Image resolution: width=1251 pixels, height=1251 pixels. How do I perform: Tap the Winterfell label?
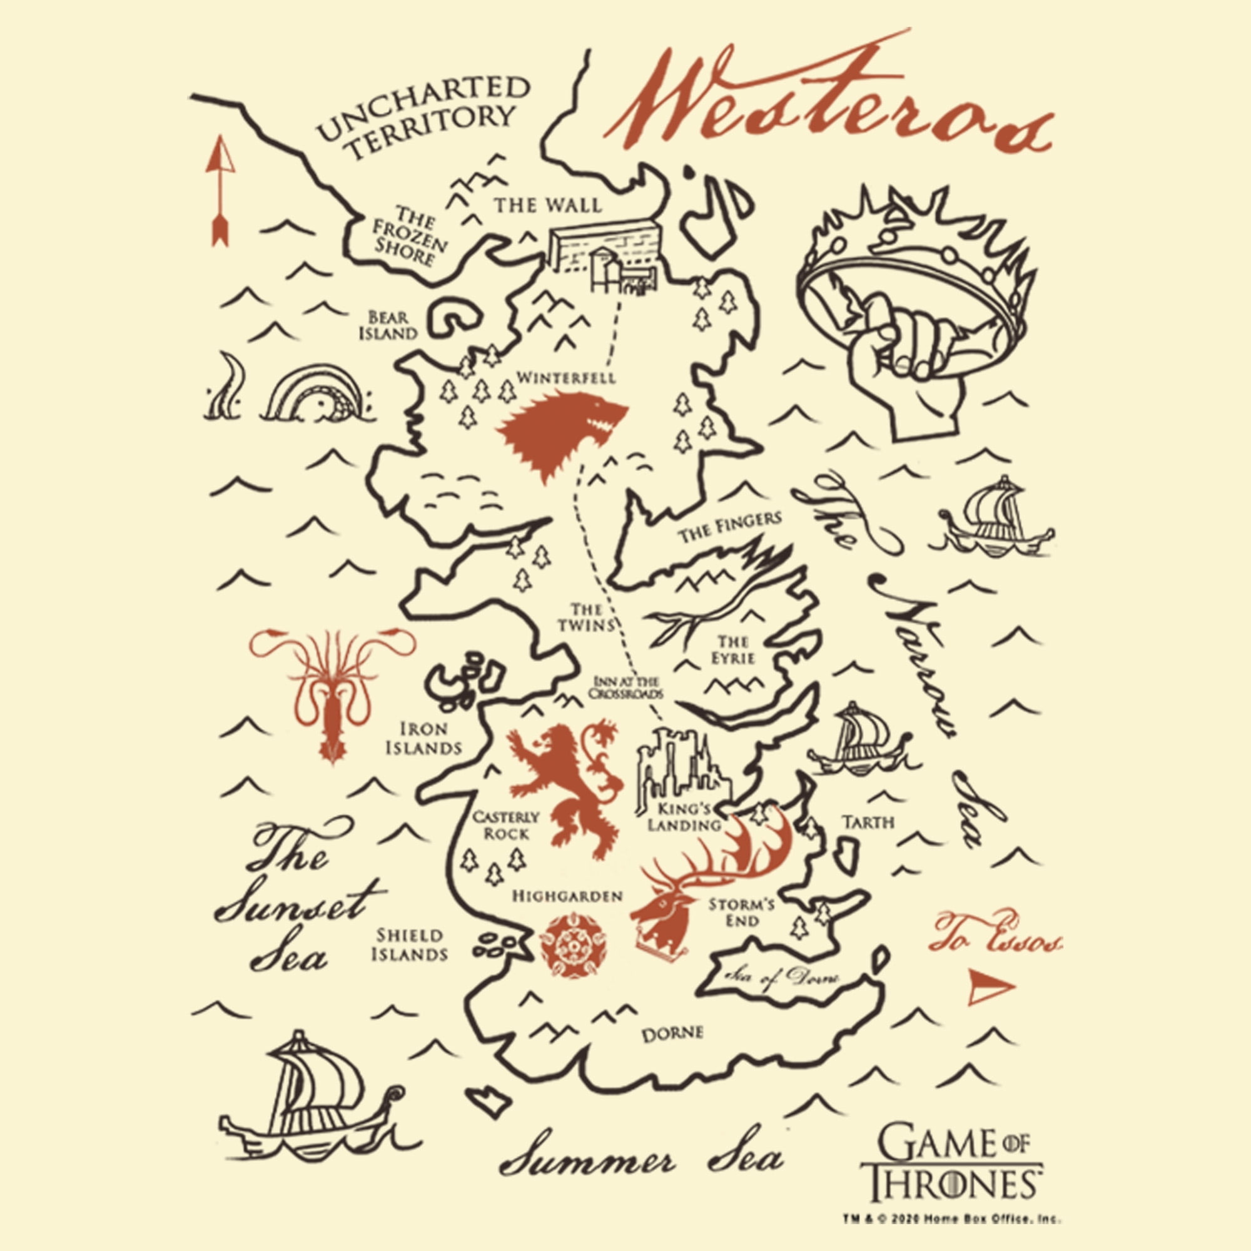[566, 378]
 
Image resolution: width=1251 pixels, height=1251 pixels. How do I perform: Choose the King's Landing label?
[684, 817]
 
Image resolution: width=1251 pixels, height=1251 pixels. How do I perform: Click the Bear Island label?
[388, 326]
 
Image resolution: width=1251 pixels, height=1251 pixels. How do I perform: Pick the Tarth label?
[868, 823]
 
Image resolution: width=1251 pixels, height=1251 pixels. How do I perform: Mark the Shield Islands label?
[409, 945]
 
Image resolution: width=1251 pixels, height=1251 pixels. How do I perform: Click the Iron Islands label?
[423, 739]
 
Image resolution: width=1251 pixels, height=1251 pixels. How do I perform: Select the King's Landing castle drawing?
[680, 767]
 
